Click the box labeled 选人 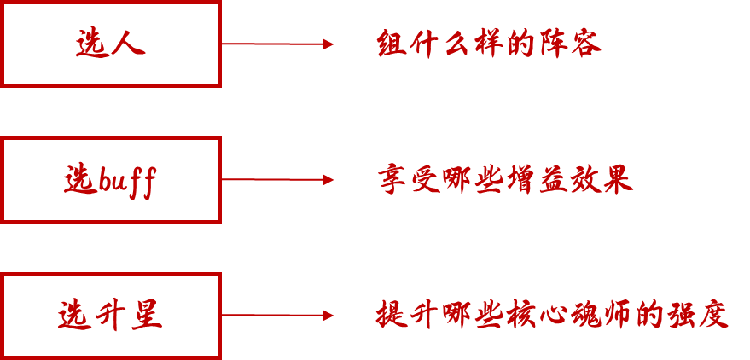coord(111,44)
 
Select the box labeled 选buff coord(111,180)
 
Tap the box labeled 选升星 coord(111,316)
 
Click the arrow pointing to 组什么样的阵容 coord(277,44)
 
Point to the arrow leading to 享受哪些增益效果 coord(277,180)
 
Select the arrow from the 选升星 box coord(277,316)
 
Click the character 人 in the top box coord(129,44)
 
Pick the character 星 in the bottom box coord(146,316)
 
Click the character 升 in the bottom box coord(110,316)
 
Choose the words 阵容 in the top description coord(571,44)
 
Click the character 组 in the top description coord(391,44)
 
